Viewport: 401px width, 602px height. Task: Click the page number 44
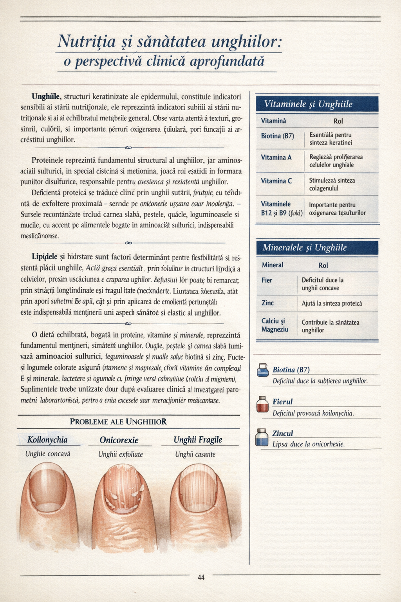201,577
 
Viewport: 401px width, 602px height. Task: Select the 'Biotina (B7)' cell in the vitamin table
277,136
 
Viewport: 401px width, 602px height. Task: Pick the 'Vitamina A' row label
276,157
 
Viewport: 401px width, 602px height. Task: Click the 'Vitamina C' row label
276,181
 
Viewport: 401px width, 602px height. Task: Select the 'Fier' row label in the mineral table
267,280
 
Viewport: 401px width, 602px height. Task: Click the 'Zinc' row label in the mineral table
267,303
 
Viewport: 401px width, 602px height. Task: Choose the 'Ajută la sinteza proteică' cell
332,303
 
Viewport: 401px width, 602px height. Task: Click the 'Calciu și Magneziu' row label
275,325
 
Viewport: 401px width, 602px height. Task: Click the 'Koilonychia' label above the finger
47,440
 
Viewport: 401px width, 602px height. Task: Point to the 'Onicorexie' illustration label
119,440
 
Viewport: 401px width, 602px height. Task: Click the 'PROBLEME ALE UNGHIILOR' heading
118,422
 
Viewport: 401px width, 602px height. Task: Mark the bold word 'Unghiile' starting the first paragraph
47,96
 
